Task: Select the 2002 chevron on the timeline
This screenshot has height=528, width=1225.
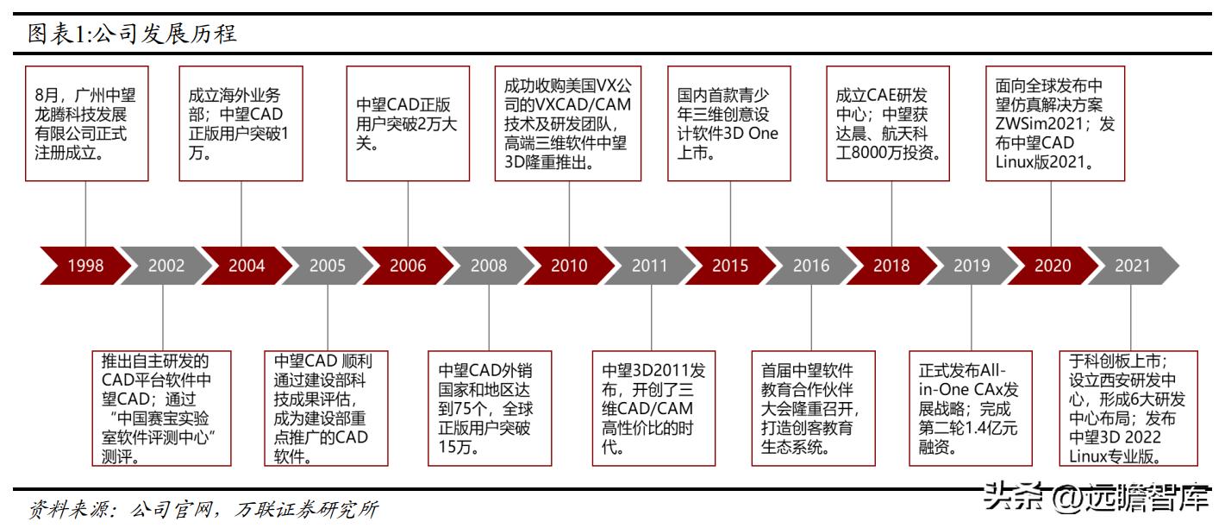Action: (x=166, y=266)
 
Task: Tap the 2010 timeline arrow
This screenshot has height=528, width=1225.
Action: (x=569, y=266)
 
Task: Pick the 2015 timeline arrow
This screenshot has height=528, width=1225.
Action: (x=730, y=266)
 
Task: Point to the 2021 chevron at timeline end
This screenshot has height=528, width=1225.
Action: (x=1133, y=266)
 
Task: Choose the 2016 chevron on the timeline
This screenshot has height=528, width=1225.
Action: (x=811, y=266)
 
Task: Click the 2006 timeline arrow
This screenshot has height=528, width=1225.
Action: (x=408, y=266)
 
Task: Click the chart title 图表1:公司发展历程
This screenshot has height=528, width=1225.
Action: (x=131, y=34)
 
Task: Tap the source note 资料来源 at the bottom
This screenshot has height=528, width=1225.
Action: (x=203, y=509)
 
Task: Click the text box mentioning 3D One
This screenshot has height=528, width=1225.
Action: (x=729, y=123)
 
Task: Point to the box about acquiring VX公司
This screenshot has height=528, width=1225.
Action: (x=568, y=123)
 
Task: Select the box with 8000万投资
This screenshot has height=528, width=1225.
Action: (x=889, y=123)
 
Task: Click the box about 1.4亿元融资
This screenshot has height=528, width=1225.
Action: (x=971, y=407)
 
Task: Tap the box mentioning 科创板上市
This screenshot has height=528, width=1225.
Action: (x=1128, y=407)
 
